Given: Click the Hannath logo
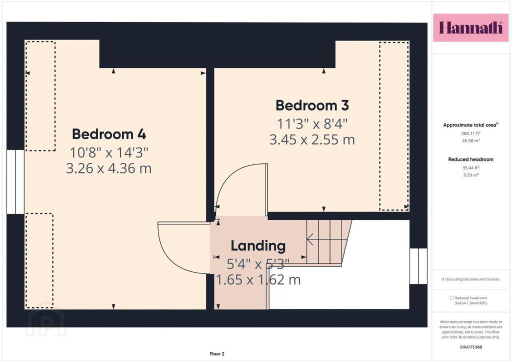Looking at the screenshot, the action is [470, 27].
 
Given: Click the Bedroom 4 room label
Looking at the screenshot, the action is [109, 134].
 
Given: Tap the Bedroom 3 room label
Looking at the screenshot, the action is [312, 105].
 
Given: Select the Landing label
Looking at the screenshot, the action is [258, 246].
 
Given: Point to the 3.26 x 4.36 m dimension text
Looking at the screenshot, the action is [108, 168].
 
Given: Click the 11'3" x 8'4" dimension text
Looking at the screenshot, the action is [312, 124].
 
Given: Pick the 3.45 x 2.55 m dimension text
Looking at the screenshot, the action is [312, 139].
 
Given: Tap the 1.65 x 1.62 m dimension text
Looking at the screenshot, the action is [258, 279].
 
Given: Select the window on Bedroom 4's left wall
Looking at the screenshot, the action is [15, 182].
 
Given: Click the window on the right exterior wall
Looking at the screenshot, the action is [418, 266].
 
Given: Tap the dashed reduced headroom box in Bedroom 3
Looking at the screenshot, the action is [394, 125].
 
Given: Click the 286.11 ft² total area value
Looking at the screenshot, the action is [470, 133].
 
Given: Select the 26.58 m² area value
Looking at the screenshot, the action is [470, 140].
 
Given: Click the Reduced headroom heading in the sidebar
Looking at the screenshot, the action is [470, 159].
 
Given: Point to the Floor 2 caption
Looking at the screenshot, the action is [217, 354].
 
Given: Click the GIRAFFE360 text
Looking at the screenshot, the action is [470, 347].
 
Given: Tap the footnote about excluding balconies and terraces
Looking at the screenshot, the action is [470, 279].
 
